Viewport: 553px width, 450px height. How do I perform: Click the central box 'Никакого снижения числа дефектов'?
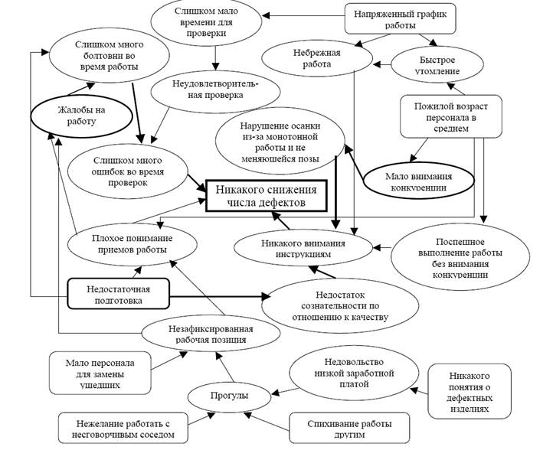pos(265,194)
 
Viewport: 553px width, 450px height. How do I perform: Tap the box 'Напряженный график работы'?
pos(393,20)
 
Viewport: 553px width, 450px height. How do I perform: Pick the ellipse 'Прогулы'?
pos(229,396)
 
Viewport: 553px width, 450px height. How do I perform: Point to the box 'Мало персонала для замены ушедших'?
pos(94,372)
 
